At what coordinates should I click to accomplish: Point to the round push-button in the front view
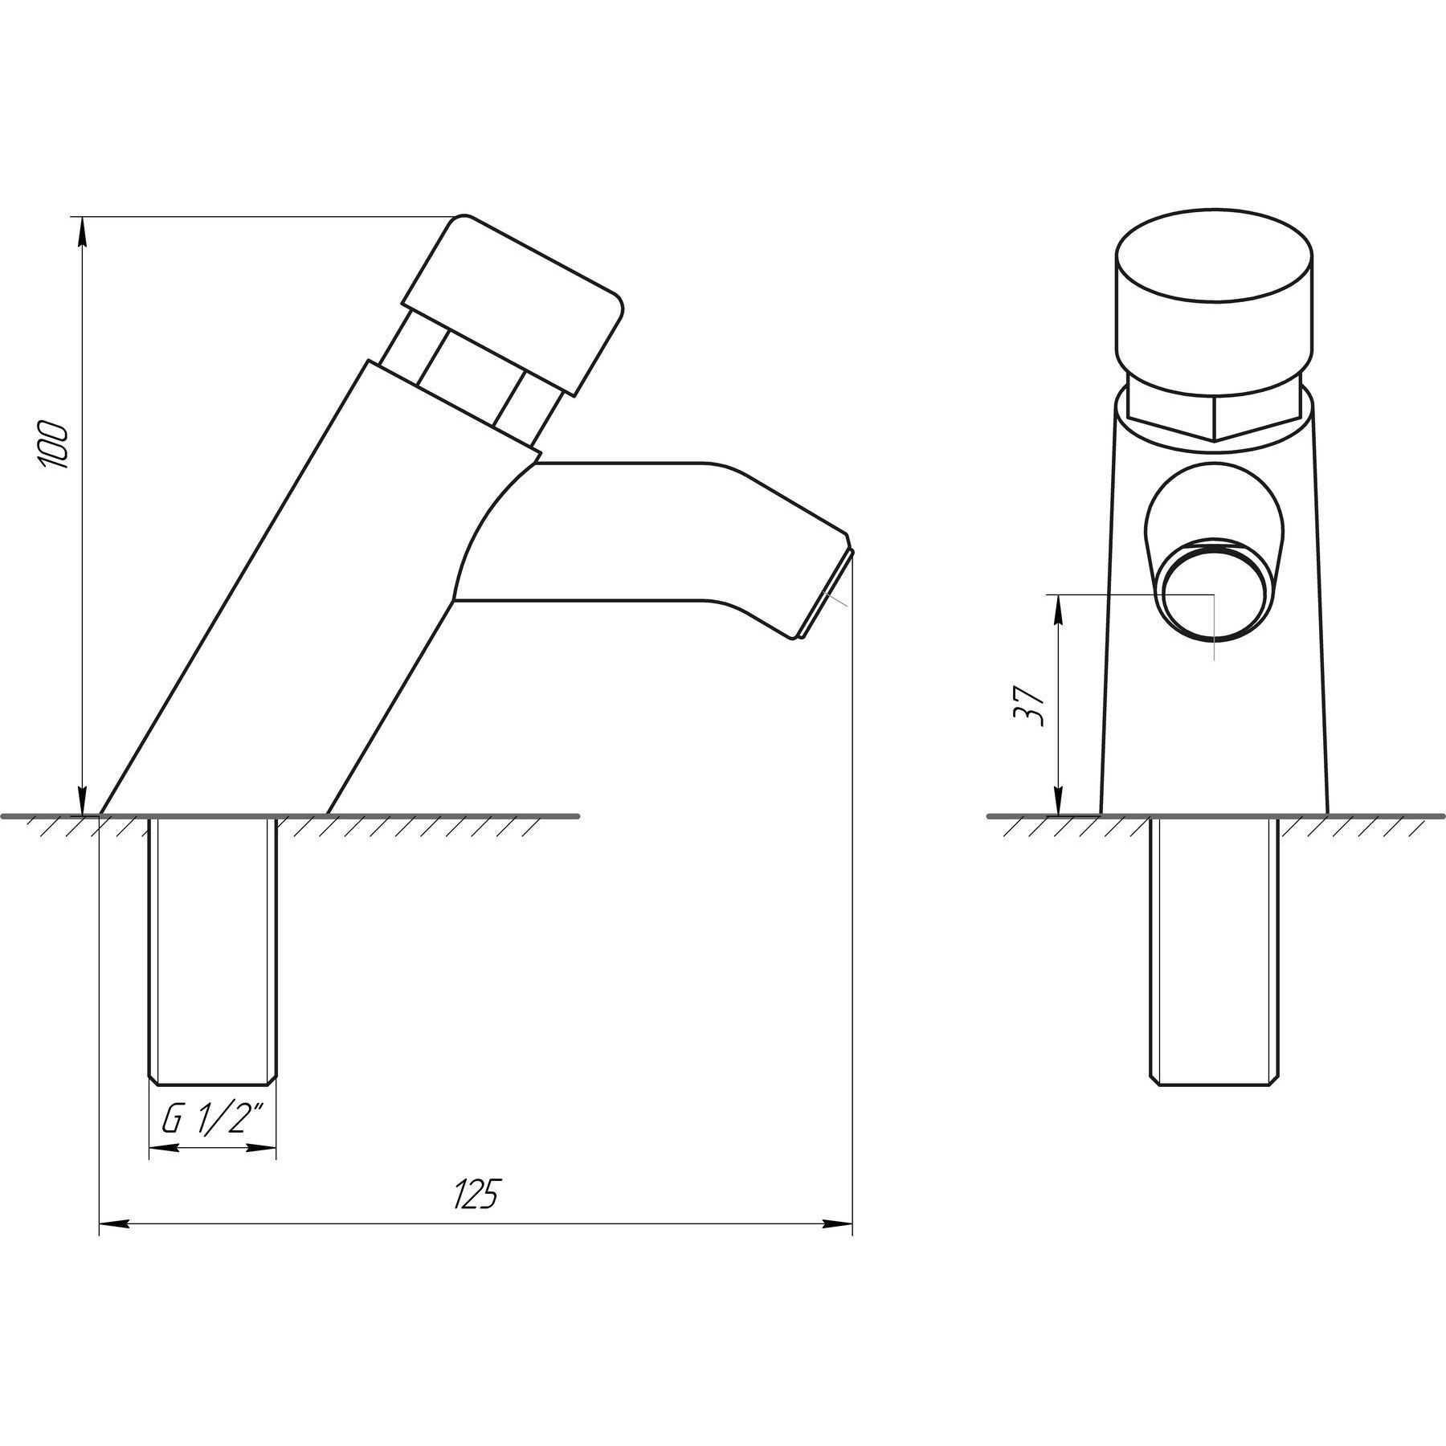coord(1214,304)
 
